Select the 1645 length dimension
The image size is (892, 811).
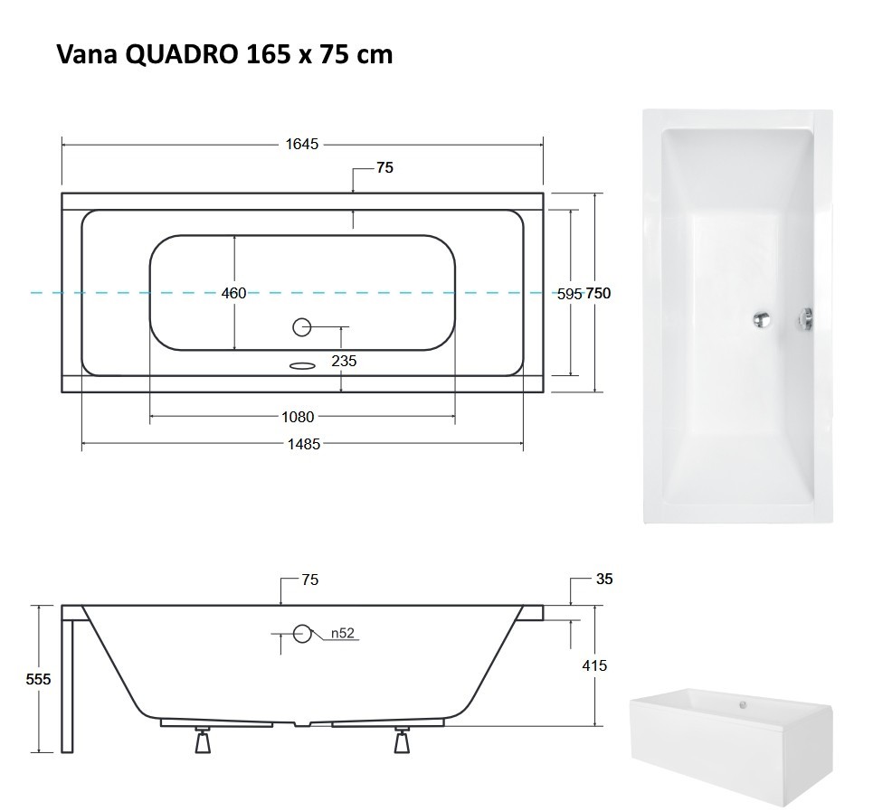pos(302,144)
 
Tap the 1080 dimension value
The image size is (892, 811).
pos(298,417)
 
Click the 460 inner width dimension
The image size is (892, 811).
pos(233,293)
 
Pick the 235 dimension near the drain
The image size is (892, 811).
pos(344,361)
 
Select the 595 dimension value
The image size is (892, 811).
pos(569,293)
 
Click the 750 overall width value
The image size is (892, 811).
pos(598,293)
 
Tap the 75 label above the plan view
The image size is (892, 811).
pos(385,168)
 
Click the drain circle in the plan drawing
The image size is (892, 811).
pos(302,326)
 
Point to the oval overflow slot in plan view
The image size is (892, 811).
pos(302,365)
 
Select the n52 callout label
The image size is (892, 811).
pos(342,634)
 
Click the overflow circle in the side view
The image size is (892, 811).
pos(302,634)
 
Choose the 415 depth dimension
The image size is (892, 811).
pos(595,665)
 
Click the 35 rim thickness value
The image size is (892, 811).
pos(604,579)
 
